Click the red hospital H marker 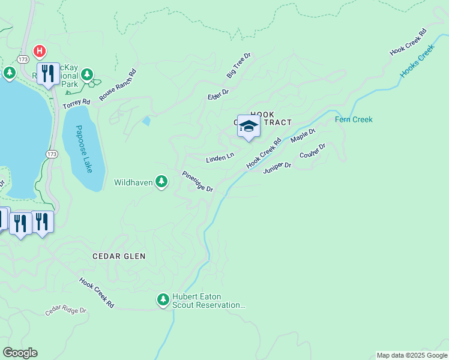(x=40, y=51)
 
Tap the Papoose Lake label (x=85, y=149)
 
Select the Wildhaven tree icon (x=161, y=181)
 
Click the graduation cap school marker (x=249, y=126)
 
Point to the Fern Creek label (x=354, y=120)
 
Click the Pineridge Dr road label (x=197, y=181)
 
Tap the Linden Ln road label (x=220, y=158)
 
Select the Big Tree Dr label (x=238, y=65)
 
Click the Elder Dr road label (x=218, y=95)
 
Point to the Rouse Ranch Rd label (x=118, y=85)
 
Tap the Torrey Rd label (x=76, y=104)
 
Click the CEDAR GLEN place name (x=119, y=256)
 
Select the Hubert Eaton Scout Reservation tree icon (x=163, y=299)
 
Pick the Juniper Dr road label (x=277, y=167)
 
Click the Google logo (x=20, y=353)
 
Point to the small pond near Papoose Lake (x=146, y=121)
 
